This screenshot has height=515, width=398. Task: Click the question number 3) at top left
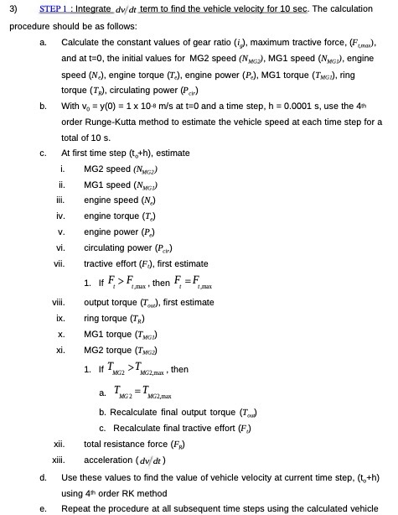pos(13,8)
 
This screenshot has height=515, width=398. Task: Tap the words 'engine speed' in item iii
pos(109,200)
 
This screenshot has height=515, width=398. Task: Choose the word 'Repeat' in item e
pos(75,507)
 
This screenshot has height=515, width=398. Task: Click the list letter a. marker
pos(43,41)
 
